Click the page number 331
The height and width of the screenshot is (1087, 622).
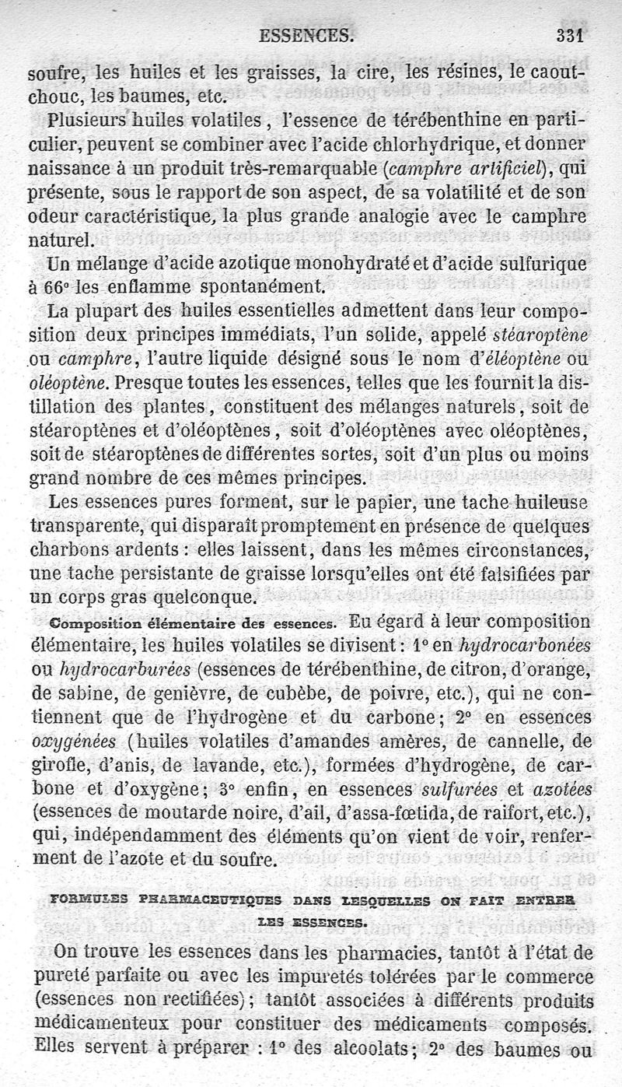(570, 36)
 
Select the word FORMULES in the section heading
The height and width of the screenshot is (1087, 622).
(86, 902)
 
